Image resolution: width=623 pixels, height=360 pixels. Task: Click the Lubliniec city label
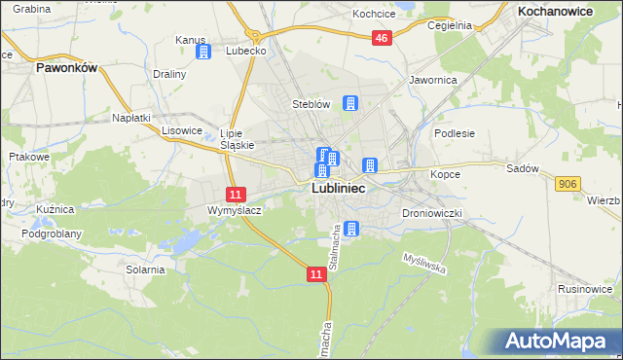pos(338,190)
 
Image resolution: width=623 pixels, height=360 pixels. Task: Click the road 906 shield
pos(568,183)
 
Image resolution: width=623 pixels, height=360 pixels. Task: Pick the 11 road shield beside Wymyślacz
pos(238,195)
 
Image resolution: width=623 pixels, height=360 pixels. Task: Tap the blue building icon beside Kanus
pos(203,52)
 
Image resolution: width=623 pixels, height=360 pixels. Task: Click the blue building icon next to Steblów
pos(350,103)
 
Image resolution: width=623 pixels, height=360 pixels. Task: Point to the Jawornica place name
pos(433,80)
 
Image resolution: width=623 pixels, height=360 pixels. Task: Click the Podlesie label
pos(454,134)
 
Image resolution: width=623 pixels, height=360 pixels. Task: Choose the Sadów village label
pos(522,168)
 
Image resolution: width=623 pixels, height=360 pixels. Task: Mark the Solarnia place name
pos(143,270)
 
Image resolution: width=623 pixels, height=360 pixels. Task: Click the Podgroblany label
pos(54,234)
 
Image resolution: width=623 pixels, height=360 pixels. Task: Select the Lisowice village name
pos(181,129)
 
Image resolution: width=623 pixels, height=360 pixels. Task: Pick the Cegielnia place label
pos(449,26)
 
